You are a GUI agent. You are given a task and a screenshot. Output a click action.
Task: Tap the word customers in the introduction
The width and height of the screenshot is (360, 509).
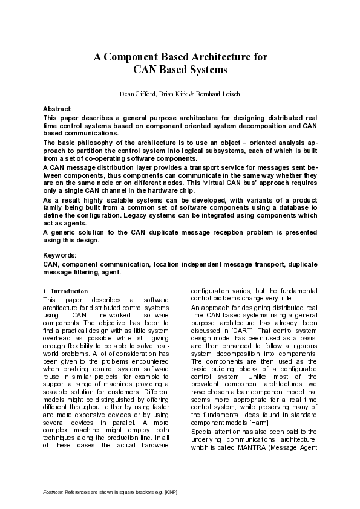(134, 374)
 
